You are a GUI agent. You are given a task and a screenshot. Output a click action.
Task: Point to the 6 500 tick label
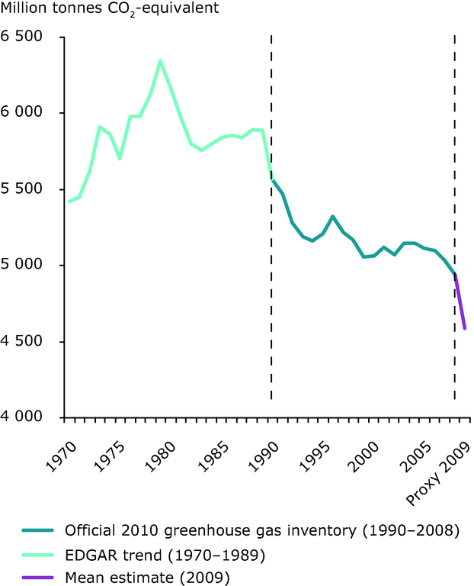point(24,37)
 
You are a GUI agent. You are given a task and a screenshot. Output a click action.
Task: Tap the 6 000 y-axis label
point(24,113)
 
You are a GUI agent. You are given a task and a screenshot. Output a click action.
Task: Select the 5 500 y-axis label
point(24,189)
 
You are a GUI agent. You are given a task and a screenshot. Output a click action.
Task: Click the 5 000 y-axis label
point(24,266)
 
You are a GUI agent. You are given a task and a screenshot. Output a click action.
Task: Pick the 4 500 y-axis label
point(24,342)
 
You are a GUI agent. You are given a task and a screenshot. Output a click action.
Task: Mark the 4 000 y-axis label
point(24,417)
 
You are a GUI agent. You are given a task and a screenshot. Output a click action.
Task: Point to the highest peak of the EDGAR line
point(160,60)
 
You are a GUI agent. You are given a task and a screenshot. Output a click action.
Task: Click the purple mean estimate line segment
point(460,302)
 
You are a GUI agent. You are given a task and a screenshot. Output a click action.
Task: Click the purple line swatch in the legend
point(37,577)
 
